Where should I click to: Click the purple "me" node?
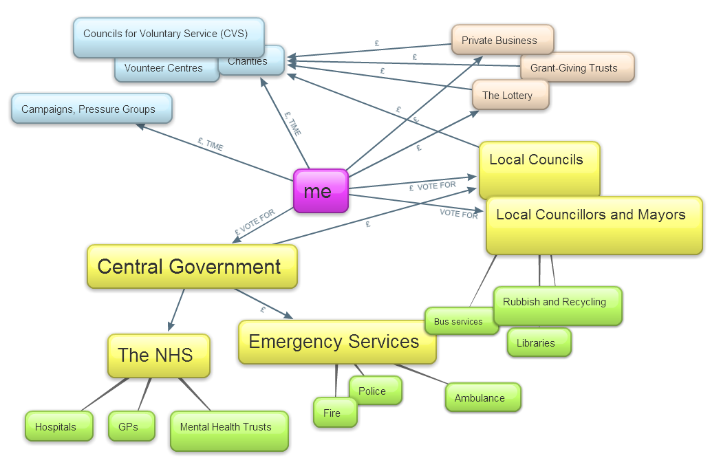321,190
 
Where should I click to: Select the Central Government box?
192,266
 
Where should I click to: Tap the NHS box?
158,355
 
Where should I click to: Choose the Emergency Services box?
336,342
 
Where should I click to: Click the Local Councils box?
539,169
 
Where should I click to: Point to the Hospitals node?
58,426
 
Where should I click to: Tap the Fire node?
335,413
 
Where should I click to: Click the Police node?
375,391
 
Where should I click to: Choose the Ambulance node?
482,397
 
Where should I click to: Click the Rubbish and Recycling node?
557,305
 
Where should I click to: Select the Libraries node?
539,342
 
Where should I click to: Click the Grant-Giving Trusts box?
577,67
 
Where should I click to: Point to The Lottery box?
510,95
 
